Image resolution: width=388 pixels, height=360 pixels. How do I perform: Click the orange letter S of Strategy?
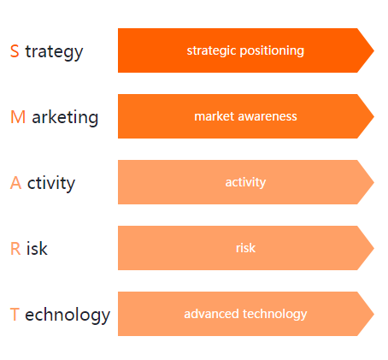point(15,51)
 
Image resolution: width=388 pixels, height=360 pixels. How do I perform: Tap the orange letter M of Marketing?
point(18,117)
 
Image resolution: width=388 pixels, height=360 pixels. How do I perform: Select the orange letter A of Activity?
point(16,183)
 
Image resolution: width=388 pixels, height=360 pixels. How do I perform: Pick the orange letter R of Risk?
point(15,249)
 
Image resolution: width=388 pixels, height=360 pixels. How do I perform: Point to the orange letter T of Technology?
point(15,315)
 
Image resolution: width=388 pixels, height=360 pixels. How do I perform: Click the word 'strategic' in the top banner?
point(212,50)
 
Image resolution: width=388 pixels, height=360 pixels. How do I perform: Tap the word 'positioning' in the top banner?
point(272,50)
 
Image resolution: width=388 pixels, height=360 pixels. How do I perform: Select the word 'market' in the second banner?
point(215,116)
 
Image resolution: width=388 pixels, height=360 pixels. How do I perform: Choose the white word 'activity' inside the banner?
point(245,182)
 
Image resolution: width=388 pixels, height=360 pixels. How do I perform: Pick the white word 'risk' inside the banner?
point(245,248)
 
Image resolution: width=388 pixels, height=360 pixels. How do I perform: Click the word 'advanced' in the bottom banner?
point(211,314)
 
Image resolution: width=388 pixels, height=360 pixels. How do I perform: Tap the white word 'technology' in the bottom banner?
point(274,315)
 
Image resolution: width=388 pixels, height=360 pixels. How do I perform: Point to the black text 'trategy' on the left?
point(54,52)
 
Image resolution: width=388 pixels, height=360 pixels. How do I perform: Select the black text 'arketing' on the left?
point(65,117)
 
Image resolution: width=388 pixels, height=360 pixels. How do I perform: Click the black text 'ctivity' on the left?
point(51,183)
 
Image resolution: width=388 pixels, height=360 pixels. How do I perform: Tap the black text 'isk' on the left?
point(37,249)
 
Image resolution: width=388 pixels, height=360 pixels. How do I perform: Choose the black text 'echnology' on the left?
point(68,316)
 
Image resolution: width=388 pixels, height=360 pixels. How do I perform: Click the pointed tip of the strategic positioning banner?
point(373,50)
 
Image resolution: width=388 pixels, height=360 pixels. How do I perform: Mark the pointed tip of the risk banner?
point(373,248)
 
